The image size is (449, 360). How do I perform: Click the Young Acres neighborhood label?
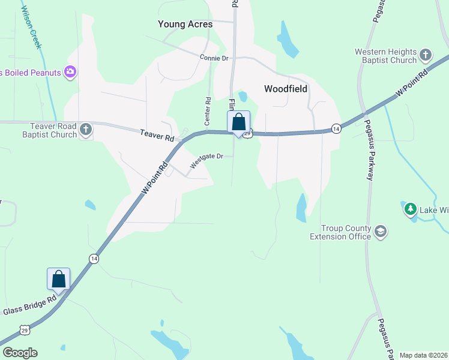(185, 24)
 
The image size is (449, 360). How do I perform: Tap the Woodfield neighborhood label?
(286, 89)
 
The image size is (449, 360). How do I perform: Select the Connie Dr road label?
(214, 58)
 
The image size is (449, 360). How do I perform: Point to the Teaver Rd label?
(157, 136)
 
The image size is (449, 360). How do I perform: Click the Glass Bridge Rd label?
(29, 304)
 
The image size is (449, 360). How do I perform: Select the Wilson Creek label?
(31, 26)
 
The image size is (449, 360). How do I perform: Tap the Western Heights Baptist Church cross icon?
(425, 56)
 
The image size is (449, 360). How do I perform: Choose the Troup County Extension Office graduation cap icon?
(380, 232)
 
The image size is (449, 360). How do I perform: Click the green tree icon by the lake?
(411, 209)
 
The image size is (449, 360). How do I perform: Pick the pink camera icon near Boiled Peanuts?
(70, 73)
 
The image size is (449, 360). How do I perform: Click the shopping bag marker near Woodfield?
(238, 122)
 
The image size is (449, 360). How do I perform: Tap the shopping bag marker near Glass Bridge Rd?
(58, 279)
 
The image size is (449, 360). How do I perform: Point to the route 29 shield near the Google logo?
(24, 330)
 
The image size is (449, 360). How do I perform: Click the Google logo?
(19, 353)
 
